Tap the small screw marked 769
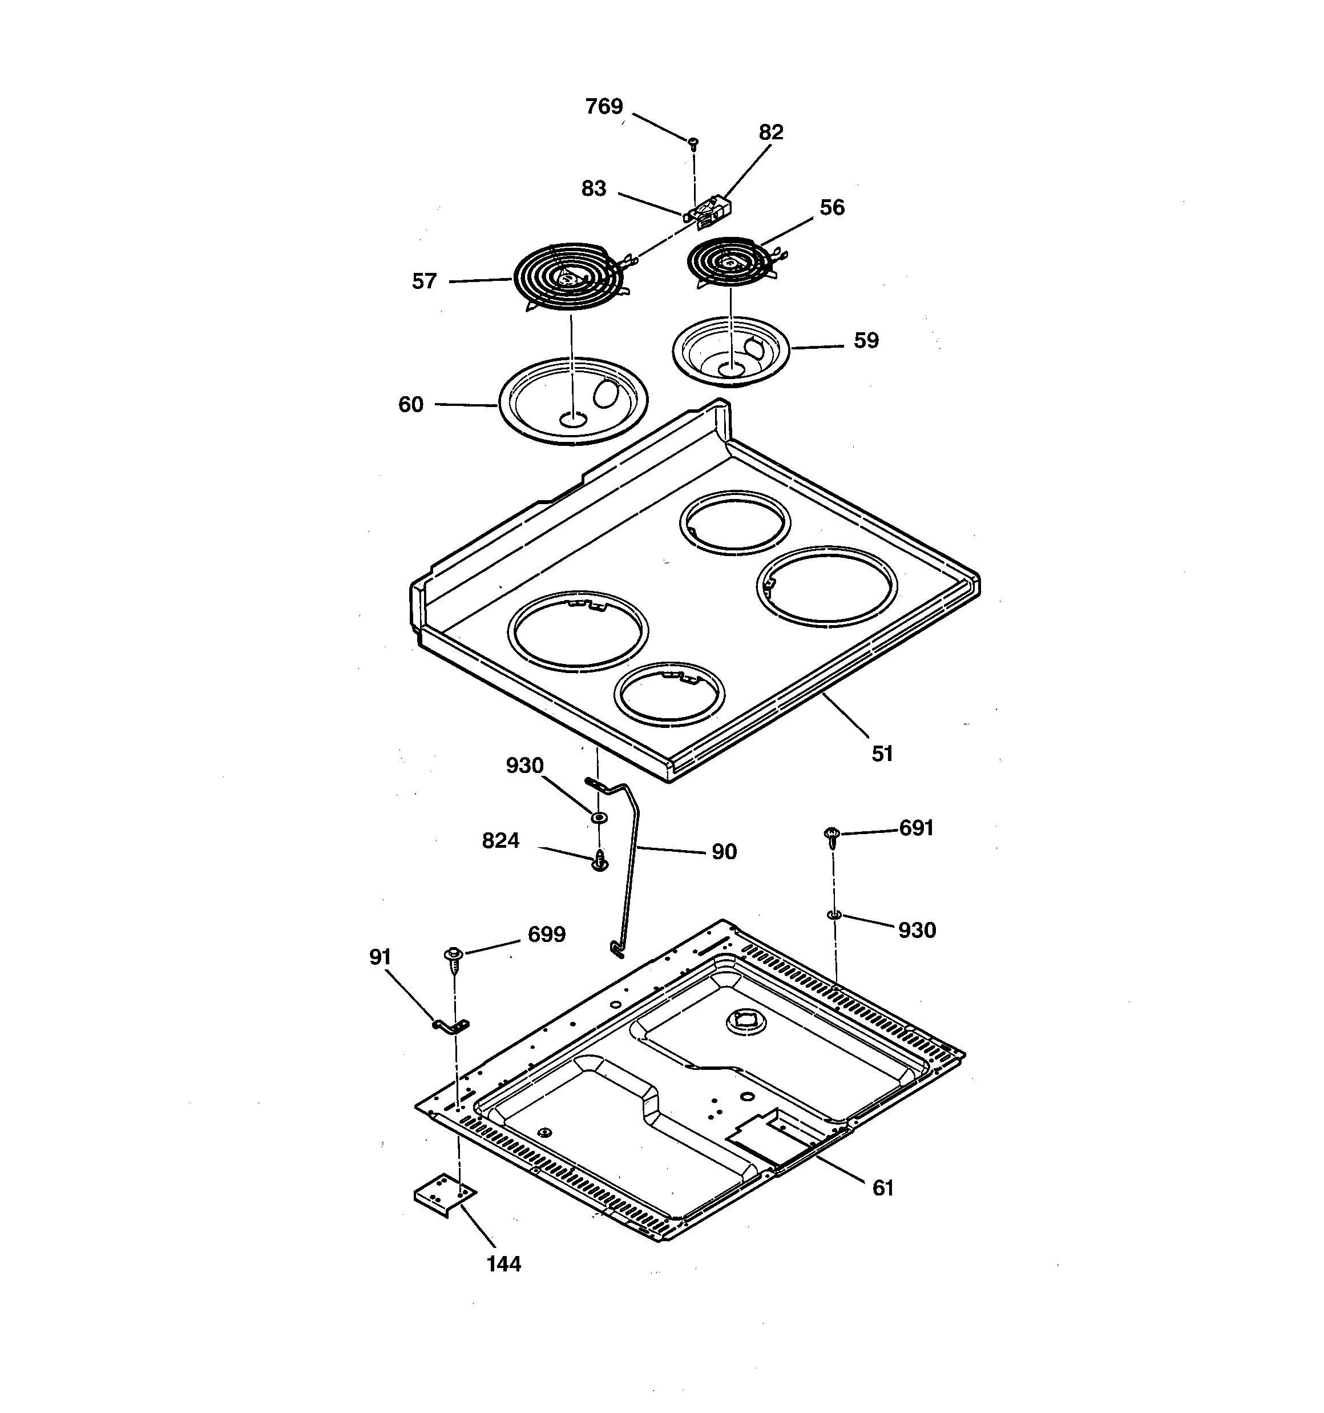coord(693,143)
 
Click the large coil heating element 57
coord(568,277)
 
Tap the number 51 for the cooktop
coord(882,754)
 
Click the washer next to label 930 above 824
coord(599,819)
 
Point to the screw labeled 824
coord(600,862)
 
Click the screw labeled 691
coord(831,836)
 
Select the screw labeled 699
coord(453,956)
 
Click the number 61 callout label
coord(882,1187)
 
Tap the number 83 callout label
coord(594,188)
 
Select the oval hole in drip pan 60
coord(606,393)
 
